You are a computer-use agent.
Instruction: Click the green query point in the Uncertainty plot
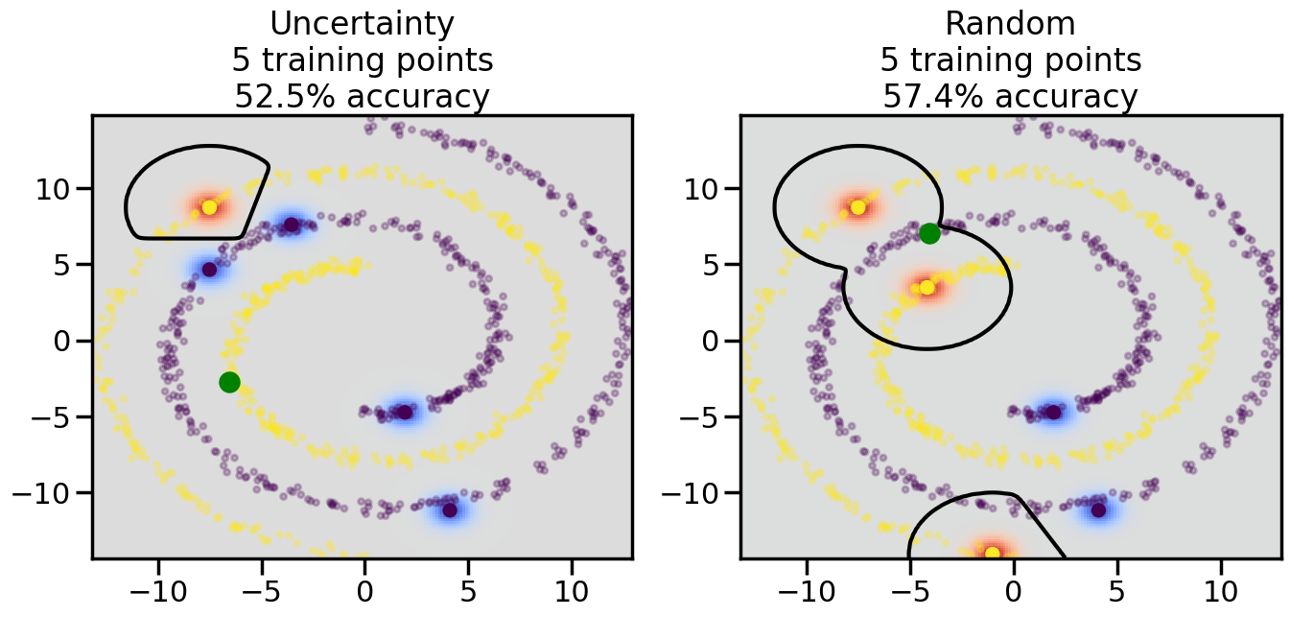pyautogui.click(x=229, y=382)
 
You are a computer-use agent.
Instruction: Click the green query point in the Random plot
pyautogui.click(x=929, y=233)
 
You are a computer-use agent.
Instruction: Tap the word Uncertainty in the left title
pyautogui.click(x=362, y=24)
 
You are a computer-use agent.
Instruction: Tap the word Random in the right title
pyautogui.click(x=1010, y=24)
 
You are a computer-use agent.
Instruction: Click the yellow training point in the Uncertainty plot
pyautogui.click(x=210, y=207)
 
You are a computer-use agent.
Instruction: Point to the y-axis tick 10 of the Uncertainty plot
pyautogui.click(x=59, y=188)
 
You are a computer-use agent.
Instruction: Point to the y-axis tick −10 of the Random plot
pyautogui.click(x=695, y=493)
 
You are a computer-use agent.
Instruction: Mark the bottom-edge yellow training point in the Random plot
pyautogui.click(x=992, y=553)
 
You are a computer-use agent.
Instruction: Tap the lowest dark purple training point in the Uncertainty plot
pyautogui.click(x=450, y=510)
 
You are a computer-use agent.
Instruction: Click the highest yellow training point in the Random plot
pyautogui.click(x=858, y=207)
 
